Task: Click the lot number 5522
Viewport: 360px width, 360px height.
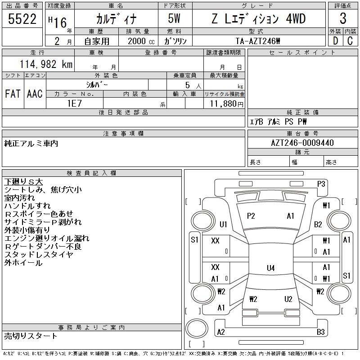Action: (22, 18)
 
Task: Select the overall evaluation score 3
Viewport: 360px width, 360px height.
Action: (343, 18)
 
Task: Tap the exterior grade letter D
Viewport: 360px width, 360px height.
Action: (335, 41)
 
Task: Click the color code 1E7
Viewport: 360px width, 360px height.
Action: (75, 103)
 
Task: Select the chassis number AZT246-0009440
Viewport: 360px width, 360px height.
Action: (303, 143)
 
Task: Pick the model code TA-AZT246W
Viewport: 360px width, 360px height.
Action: (258, 41)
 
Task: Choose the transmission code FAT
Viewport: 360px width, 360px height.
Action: (13, 94)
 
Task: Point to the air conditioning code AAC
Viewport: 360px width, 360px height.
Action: (35, 94)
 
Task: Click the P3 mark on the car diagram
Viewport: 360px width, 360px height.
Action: (321, 184)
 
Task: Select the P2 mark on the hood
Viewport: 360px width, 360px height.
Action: (251, 216)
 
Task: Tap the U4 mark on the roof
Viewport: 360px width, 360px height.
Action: (270, 268)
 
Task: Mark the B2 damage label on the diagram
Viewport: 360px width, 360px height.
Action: (318, 225)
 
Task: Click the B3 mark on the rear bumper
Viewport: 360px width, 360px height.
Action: (321, 332)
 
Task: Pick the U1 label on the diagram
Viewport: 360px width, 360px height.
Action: (224, 225)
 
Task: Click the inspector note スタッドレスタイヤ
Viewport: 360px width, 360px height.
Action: (39, 255)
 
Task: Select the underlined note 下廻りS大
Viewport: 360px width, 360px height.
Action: (23, 182)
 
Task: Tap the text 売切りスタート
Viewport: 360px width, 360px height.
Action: (31, 336)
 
